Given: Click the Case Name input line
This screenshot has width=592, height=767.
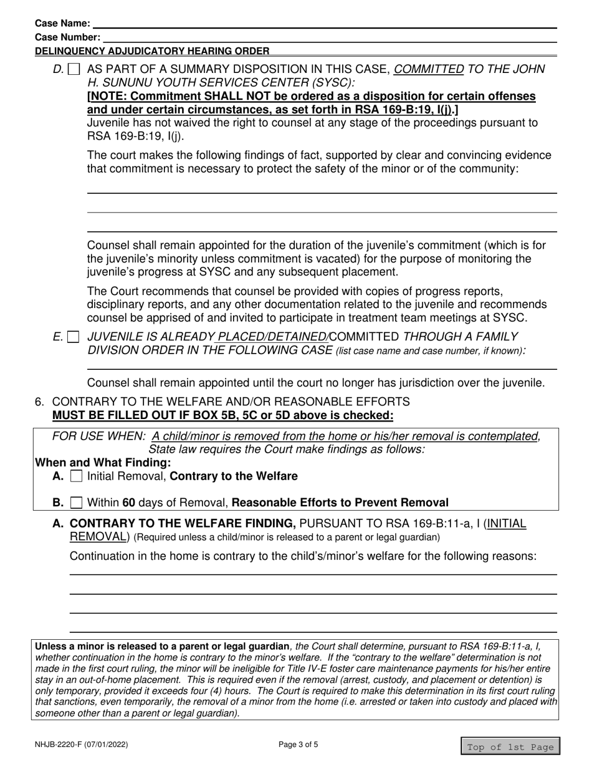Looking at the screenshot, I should [x=324, y=24].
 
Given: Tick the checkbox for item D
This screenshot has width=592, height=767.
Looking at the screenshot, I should [x=74, y=70].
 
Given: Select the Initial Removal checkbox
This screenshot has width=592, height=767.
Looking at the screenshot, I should [x=76, y=477].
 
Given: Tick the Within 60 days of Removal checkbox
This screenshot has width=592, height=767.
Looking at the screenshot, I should [x=76, y=503].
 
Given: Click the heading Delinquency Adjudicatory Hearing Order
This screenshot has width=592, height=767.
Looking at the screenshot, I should [x=153, y=51].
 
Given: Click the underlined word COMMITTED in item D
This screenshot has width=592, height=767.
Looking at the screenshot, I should [x=429, y=69].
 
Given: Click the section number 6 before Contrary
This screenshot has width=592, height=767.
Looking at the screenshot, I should [x=39, y=402].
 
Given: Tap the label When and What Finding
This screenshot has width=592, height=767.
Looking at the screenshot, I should [x=103, y=463].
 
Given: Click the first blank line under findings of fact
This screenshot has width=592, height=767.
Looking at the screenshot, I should [x=322, y=193].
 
